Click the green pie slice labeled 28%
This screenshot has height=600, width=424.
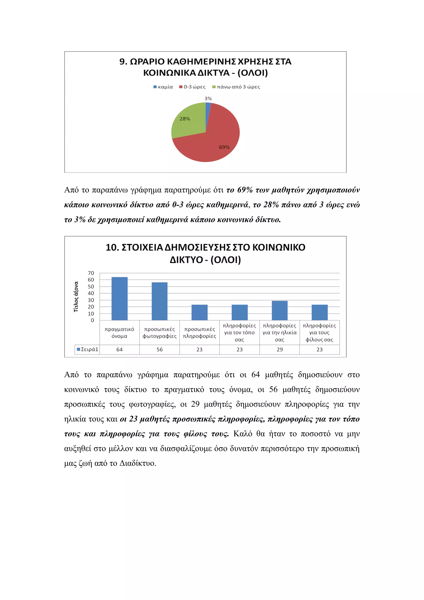(187, 123)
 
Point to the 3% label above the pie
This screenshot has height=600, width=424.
(208, 99)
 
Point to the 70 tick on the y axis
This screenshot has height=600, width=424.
(91, 273)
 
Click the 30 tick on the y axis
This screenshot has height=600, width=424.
(91, 300)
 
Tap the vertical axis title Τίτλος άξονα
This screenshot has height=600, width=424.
(76, 297)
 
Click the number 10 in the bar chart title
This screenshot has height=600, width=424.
(111, 247)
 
